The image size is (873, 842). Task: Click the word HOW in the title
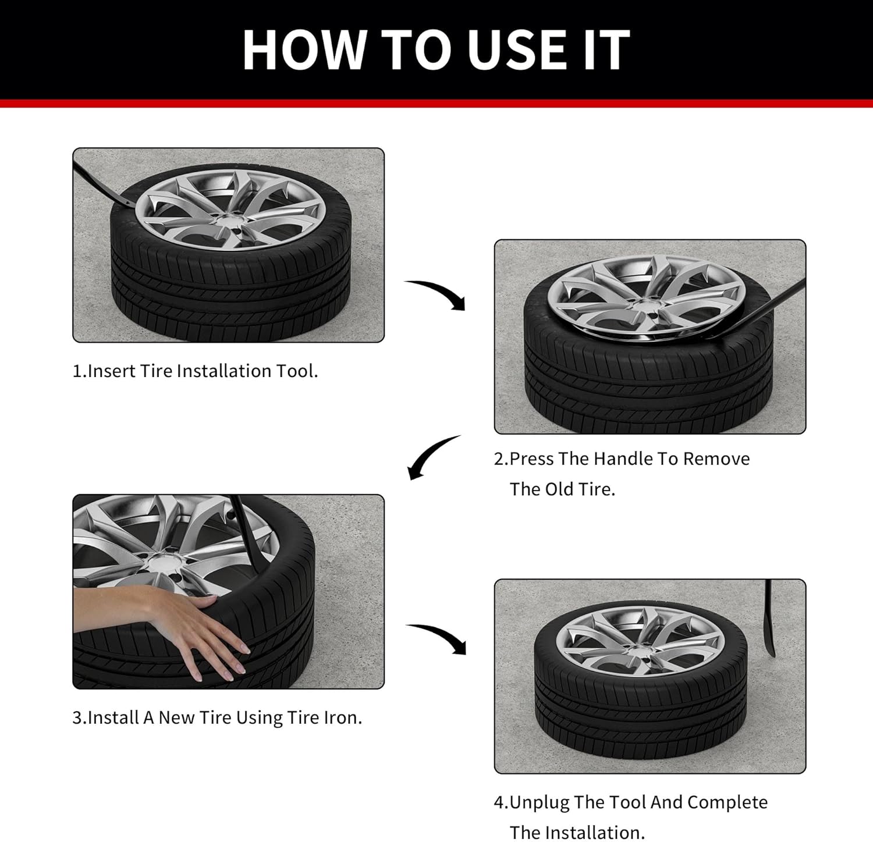tap(306, 49)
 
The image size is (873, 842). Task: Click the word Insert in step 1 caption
tap(112, 371)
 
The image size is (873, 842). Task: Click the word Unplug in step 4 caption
tap(540, 802)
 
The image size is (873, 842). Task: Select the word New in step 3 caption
tap(177, 717)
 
